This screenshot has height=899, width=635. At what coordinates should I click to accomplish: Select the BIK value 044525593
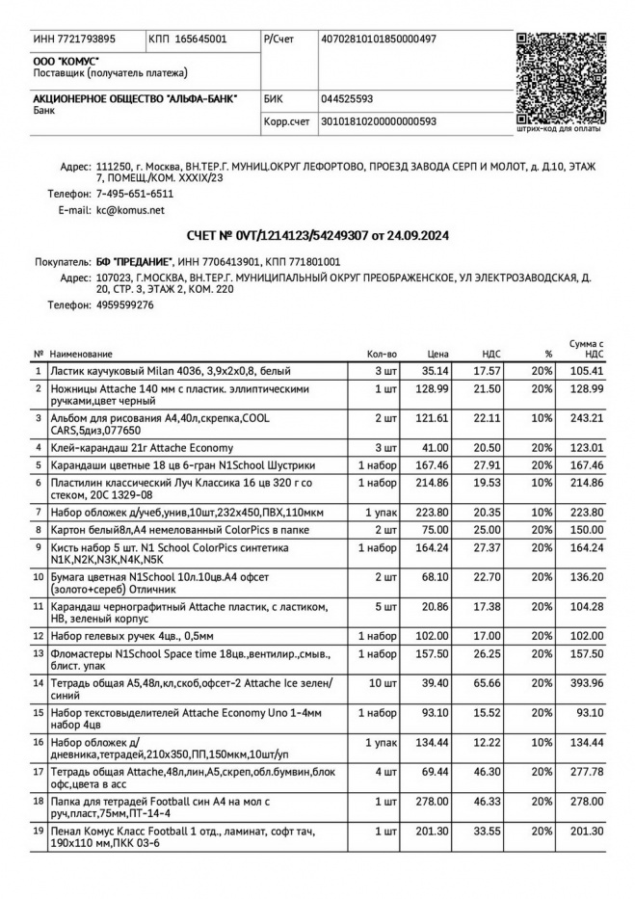click(347, 98)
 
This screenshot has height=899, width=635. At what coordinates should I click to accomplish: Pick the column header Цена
click(438, 355)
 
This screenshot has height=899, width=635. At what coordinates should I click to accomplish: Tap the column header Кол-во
click(383, 355)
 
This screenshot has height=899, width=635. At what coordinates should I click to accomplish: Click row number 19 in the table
click(39, 830)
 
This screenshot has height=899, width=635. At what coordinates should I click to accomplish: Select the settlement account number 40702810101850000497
click(378, 40)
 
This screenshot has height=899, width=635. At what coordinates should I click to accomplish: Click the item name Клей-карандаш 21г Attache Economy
click(141, 448)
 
